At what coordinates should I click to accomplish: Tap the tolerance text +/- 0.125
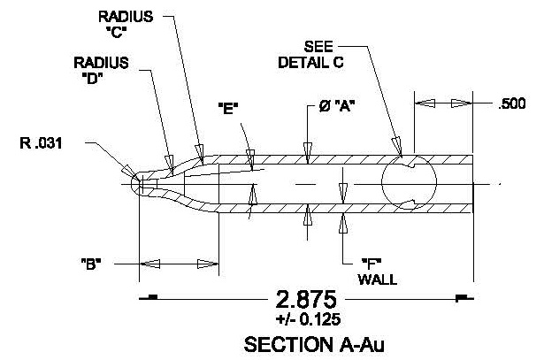304,318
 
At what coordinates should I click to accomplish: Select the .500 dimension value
512,103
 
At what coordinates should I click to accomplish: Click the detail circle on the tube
409,184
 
